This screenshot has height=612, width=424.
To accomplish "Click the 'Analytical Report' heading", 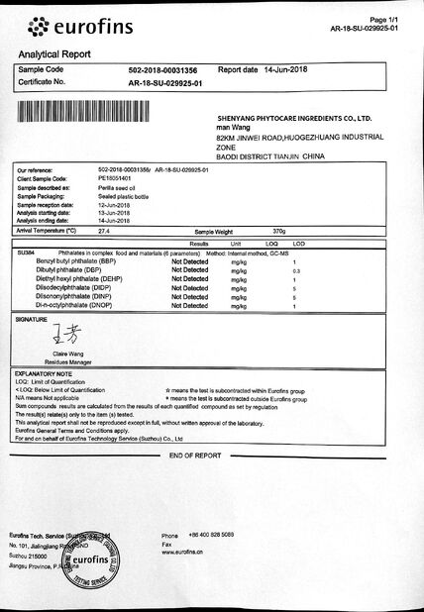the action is pos(58,54).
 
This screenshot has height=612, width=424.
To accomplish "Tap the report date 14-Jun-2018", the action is pos(288,71).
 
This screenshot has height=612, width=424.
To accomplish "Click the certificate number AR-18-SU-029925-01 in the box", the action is pos(164,84).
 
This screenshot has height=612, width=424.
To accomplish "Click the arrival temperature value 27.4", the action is pos(104,230).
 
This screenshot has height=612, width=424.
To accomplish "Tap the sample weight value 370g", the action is pos(278,230).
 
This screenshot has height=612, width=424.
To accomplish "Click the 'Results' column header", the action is pos(199,242).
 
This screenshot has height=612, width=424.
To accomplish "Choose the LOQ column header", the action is pos(271,242).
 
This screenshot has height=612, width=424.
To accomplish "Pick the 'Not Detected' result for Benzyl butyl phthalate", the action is pos(189,259).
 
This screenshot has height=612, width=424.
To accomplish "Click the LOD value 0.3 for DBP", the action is pos(296,269).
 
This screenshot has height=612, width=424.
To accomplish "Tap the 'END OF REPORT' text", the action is pos(194,455).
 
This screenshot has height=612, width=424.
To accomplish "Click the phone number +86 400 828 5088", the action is pos(212,536).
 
